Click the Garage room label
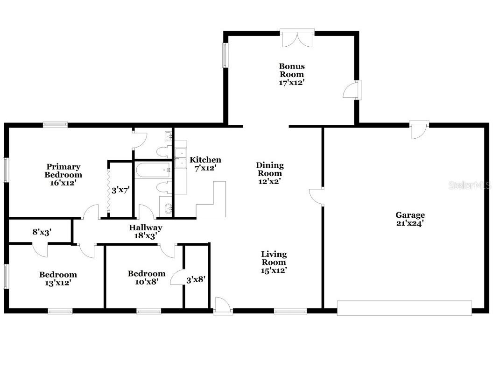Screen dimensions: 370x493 click(410, 219)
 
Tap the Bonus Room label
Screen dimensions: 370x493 click(292, 74)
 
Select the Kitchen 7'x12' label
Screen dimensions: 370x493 click(205, 164)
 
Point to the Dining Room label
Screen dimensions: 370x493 click(270, 173)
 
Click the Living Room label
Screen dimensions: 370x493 click(274, 262)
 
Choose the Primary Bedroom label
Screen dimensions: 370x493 click(63, 175)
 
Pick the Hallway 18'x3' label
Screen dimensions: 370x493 click(146, 232)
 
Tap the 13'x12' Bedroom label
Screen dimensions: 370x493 click(58, 278)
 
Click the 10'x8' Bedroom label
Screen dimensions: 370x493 click(147, 277)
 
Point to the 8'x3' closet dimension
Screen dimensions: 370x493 click(41, 231)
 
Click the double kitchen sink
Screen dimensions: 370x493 click(181, 157)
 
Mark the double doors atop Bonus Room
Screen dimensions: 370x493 click(297, 38)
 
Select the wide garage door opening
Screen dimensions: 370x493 click(404, 308)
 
